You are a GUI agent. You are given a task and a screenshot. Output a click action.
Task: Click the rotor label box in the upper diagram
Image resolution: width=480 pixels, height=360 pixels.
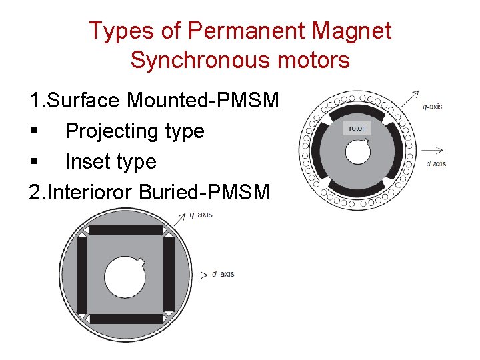355,127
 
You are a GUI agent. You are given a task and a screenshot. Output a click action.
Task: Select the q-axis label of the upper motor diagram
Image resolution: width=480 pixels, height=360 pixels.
433,105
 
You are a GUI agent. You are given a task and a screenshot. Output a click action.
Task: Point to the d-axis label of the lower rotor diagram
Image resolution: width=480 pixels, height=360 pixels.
223,274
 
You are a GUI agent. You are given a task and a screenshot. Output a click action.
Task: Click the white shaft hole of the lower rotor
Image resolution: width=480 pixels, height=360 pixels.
126,274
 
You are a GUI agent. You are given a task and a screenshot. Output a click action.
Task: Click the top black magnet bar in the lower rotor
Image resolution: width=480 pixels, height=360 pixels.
126,230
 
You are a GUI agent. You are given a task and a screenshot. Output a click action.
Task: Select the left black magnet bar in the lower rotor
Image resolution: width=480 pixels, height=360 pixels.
82,274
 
